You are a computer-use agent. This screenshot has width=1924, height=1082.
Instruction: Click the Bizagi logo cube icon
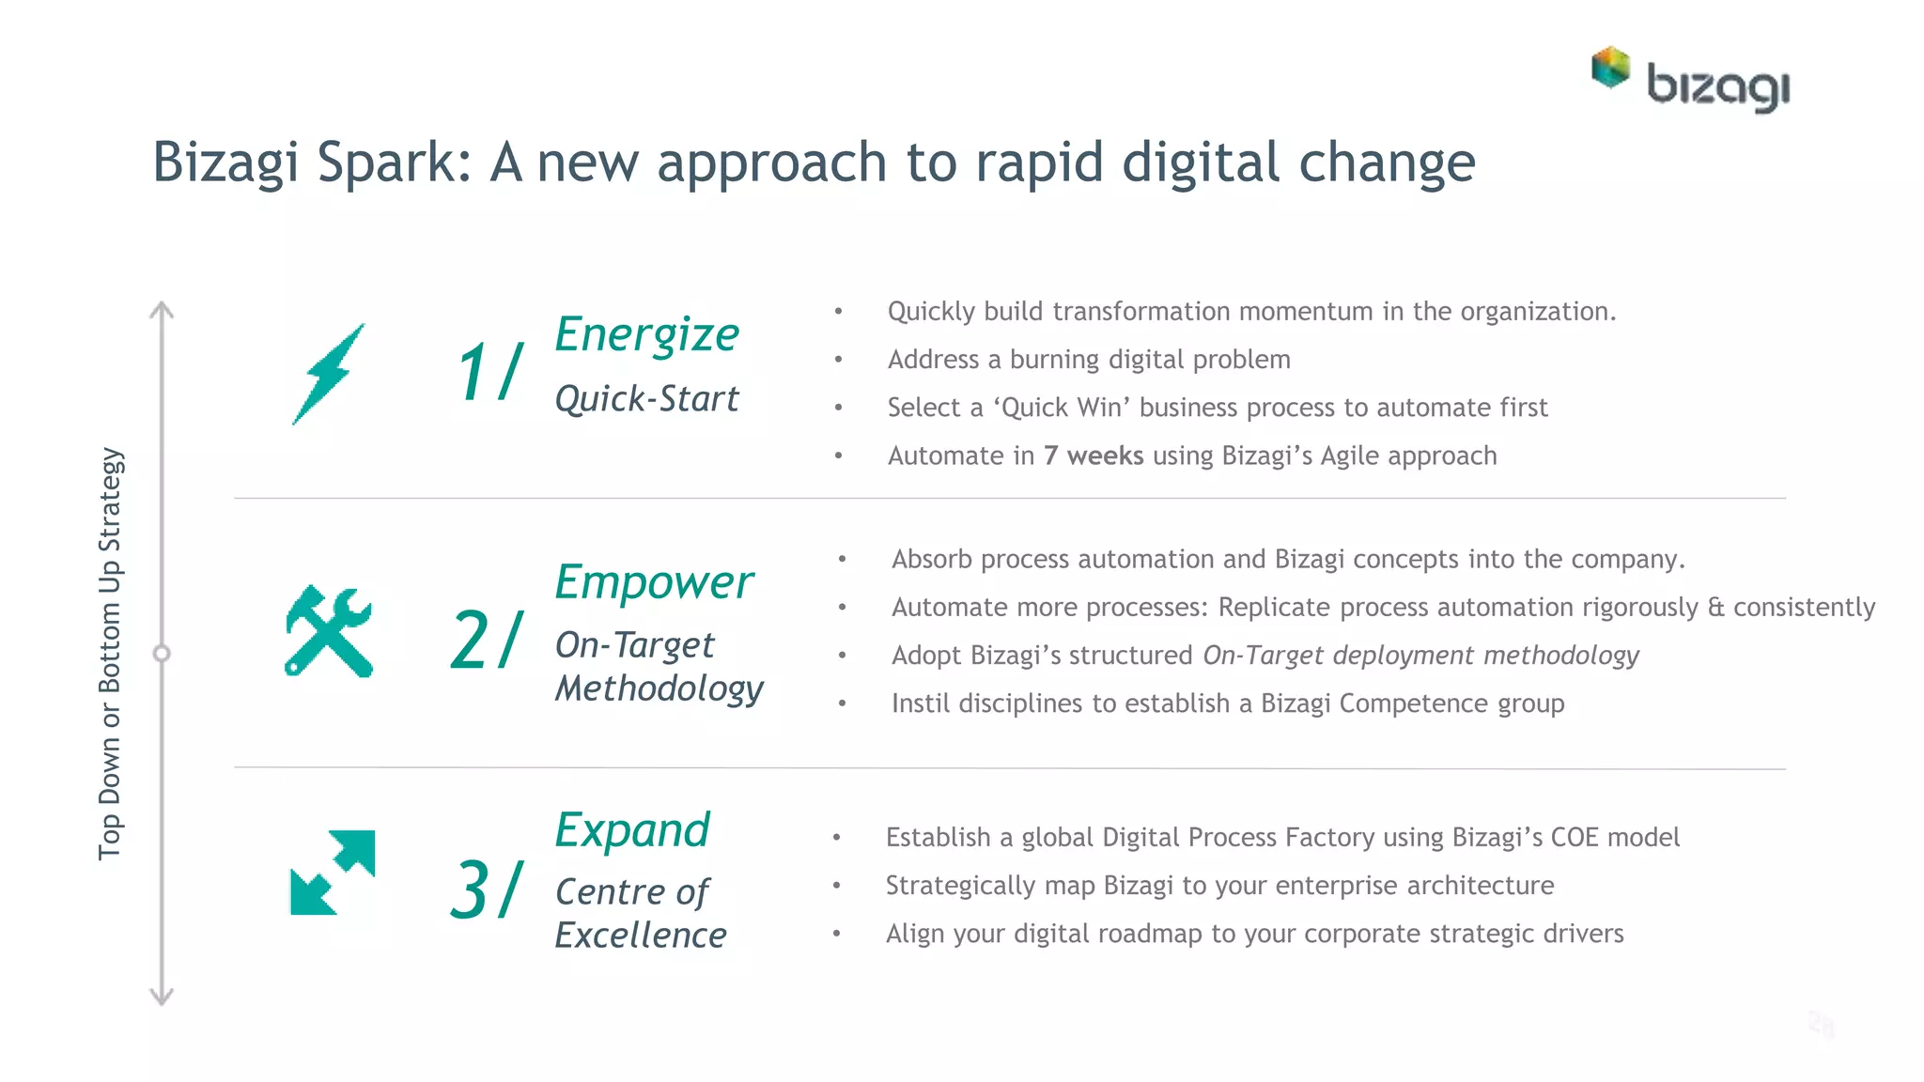point(1610,68)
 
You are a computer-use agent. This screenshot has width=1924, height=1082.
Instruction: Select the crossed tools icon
point(328,631)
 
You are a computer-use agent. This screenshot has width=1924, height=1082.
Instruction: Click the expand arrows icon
point(332,873)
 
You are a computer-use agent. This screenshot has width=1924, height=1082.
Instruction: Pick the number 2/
point(486,641)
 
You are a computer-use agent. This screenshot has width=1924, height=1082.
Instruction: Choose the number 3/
point(486,889)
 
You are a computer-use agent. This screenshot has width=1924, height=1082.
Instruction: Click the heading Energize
point(646,335)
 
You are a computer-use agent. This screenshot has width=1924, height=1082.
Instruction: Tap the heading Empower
point(653,582)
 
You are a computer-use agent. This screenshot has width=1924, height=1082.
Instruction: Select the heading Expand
point(631,830)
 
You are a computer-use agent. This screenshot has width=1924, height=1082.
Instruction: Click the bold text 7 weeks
point(1093,456)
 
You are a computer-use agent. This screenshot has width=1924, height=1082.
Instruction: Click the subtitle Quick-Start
point(646,399)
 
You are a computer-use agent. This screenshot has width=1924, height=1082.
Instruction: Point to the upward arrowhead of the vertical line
point(162,309)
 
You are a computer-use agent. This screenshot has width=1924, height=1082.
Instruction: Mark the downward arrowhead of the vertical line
point(162,997)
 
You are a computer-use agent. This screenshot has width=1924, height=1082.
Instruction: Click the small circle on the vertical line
point(162,654)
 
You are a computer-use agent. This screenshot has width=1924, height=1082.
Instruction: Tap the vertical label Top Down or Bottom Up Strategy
point(110,653)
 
